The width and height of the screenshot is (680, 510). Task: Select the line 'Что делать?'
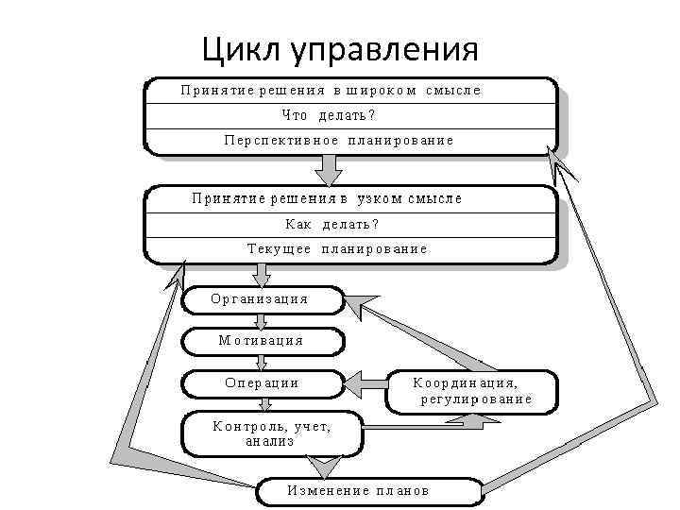click(329, 115)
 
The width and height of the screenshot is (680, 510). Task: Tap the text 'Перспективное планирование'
click(339, 140)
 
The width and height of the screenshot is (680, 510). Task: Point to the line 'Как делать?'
click(331, 225)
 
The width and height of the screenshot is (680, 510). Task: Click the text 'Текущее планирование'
click(337, 249)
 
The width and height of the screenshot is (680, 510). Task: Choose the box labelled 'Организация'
click(261, 299)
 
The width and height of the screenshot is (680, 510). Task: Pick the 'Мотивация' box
click(261, 341)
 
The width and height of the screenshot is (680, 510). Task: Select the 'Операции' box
click(261, 383)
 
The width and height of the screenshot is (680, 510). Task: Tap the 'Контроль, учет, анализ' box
click(272, 433)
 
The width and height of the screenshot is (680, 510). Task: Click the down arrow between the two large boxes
click(328, 170)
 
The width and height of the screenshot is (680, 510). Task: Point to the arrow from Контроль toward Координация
click(425, 427)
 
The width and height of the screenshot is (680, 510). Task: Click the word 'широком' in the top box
click(381, 91)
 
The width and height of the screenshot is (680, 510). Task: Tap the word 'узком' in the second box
click(377, 199)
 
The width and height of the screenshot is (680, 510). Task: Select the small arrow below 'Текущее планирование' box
click(263, 275)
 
